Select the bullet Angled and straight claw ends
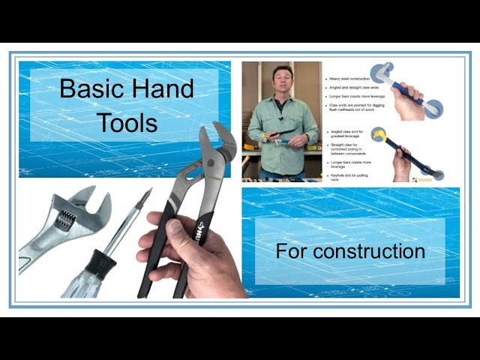point(354,87)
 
